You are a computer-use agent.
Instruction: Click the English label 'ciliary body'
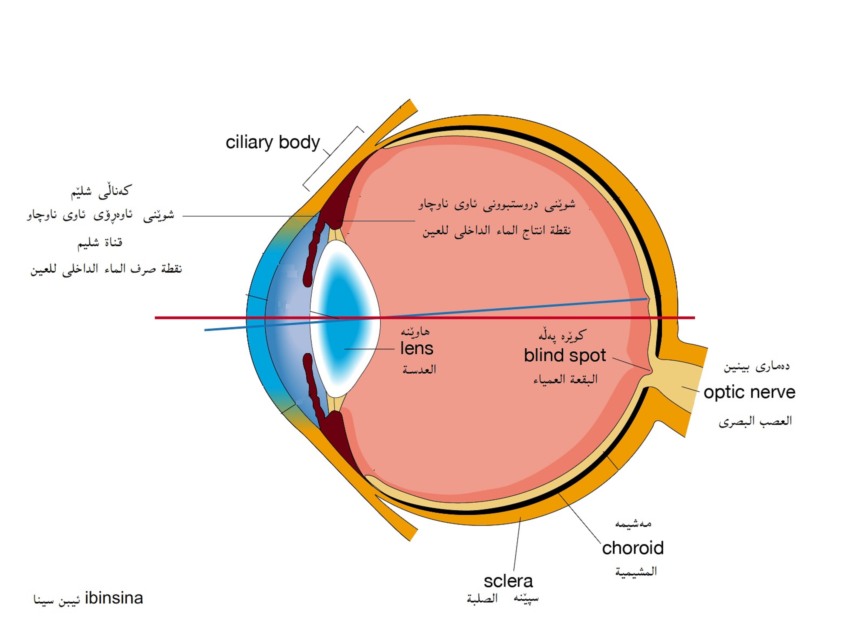(272, 143)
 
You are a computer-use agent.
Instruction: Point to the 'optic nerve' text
(749, 392)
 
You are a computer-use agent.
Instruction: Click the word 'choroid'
(633, 548)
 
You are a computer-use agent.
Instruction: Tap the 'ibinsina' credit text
(114, 598)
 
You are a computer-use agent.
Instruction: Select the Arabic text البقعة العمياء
(565, 379)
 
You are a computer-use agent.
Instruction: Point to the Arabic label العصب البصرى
(755, 421)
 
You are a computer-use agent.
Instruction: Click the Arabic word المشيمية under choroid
(636, 571)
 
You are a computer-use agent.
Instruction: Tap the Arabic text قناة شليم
(100, 243)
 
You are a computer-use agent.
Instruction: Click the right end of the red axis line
(694, 318)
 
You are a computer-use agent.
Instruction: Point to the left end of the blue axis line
(205, 330)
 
